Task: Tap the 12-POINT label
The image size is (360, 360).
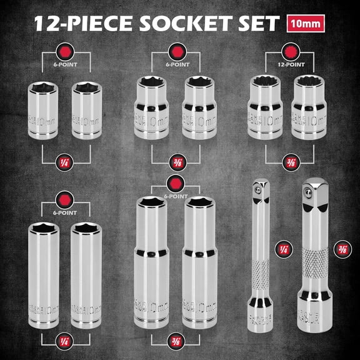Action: (289, 64)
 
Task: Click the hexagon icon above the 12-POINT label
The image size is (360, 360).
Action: (289, 51)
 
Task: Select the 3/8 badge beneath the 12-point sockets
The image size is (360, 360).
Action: (289, 161)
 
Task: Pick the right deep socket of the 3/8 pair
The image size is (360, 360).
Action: (200, 262)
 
